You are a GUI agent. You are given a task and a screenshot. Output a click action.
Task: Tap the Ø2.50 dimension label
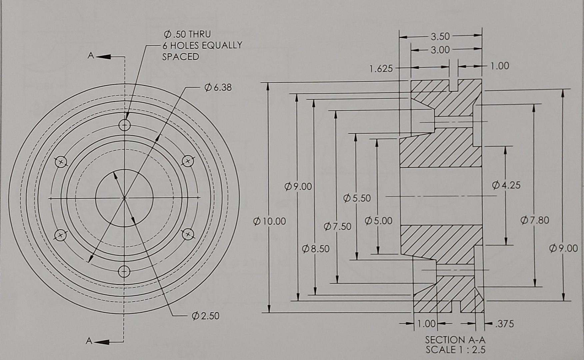click(206, 316)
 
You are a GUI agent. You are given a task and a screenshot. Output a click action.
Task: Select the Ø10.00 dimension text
click(270, 221)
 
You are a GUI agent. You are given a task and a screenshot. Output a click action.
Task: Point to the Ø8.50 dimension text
click(316, 249)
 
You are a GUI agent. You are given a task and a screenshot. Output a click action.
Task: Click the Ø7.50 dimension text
click(337, 227)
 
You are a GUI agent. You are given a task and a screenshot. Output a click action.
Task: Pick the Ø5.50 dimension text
click(357, 198)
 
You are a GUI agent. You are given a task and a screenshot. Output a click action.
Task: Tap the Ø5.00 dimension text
click(378, 221)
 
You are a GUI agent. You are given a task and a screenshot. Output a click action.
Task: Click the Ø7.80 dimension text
click(535, 220)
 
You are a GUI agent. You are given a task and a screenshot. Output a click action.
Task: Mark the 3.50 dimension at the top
click(440, 36)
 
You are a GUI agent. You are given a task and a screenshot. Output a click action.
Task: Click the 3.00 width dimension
click(440, 50)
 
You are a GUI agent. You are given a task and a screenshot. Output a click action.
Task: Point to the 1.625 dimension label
click(381, 69)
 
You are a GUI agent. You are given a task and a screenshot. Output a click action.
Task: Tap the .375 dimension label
click(504, 324)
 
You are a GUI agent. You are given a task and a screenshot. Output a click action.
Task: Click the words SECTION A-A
click(455, 340)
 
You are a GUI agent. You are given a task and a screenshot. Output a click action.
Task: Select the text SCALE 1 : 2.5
click(455, 350)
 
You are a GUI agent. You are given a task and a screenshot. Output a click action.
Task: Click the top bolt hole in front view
click(125, 126)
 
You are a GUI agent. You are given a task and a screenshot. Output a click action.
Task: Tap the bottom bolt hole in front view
click(124, 272)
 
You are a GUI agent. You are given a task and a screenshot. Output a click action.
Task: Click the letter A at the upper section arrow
click(90, 55)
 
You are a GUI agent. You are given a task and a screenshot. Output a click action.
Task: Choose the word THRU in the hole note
click(200, 34)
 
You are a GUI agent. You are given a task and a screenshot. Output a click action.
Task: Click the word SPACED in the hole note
click(180, 57)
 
